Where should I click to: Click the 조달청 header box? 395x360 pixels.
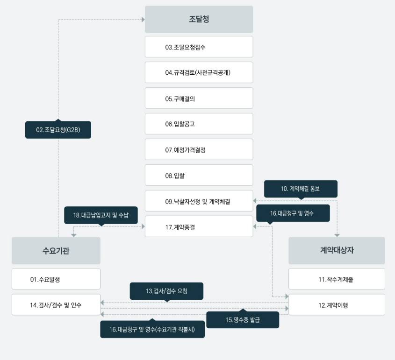point(199,19)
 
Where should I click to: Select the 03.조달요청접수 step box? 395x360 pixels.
point(199,47)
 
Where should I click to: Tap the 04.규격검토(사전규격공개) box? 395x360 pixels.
point(199,72)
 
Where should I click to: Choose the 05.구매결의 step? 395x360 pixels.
point(199,98)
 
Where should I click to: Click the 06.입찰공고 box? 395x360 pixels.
point(199,124)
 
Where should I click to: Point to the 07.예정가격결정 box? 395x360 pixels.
point(199,149)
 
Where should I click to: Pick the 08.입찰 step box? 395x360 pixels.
point(199,175)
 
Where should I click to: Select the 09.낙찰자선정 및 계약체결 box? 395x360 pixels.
point(199,201)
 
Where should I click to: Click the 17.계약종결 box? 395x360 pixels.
point(199,226)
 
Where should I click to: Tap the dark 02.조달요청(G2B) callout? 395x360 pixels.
point(58,130)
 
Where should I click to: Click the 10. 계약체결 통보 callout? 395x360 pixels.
point(301,189)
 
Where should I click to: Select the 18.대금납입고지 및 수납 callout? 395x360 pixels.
point(101,215)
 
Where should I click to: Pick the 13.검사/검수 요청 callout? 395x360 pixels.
point(166,291)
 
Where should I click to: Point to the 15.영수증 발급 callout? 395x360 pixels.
point(243,319)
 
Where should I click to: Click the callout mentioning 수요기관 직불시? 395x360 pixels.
point(152,329)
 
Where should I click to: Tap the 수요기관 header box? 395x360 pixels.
point(56,250)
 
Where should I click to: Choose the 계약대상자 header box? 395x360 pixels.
point(337,250)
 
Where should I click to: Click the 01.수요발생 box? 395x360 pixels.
point(56,279)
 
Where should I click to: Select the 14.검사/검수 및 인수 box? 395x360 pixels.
point(56,304)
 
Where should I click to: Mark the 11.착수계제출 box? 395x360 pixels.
point(337,279)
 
